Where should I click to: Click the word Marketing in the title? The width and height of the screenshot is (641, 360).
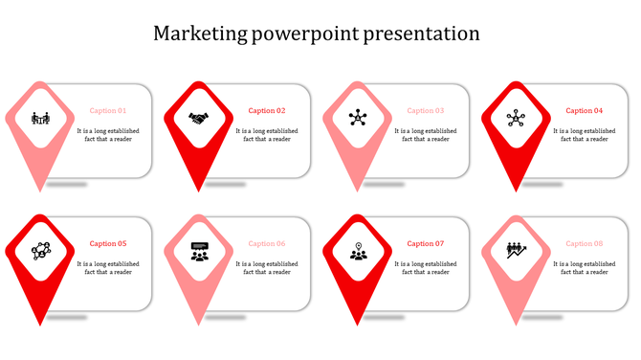click(198, 34)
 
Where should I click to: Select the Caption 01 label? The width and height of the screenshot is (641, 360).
click(108, 111)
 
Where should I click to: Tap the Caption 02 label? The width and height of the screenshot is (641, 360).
click(267, 111)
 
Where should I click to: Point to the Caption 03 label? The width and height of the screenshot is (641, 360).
click(426, 111)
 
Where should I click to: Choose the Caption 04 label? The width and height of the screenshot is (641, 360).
click(585, 111)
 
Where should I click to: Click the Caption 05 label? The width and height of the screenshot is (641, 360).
click(108, 244)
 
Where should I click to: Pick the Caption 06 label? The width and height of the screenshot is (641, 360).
click(267, 244)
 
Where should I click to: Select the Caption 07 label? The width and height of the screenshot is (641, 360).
click(426, 244)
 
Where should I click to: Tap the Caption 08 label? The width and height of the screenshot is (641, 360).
click(585, 244)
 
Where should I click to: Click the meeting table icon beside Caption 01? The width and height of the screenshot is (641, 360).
click(40, 119)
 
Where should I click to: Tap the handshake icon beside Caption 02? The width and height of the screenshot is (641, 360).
click(199, 119)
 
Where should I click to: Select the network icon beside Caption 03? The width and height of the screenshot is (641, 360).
click(358, 119)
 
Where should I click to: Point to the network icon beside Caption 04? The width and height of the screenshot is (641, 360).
click(517, 119)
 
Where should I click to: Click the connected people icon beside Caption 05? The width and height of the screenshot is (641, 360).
click(40, 252)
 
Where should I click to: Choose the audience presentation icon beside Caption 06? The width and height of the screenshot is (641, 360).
click(199, 252)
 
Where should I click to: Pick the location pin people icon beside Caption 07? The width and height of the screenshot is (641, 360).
click(358, 252)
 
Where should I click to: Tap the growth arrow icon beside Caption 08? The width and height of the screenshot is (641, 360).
click(517, 252)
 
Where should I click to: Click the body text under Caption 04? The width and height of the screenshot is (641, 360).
click(584, 135)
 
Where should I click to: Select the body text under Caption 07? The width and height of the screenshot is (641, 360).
click(425, 268)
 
